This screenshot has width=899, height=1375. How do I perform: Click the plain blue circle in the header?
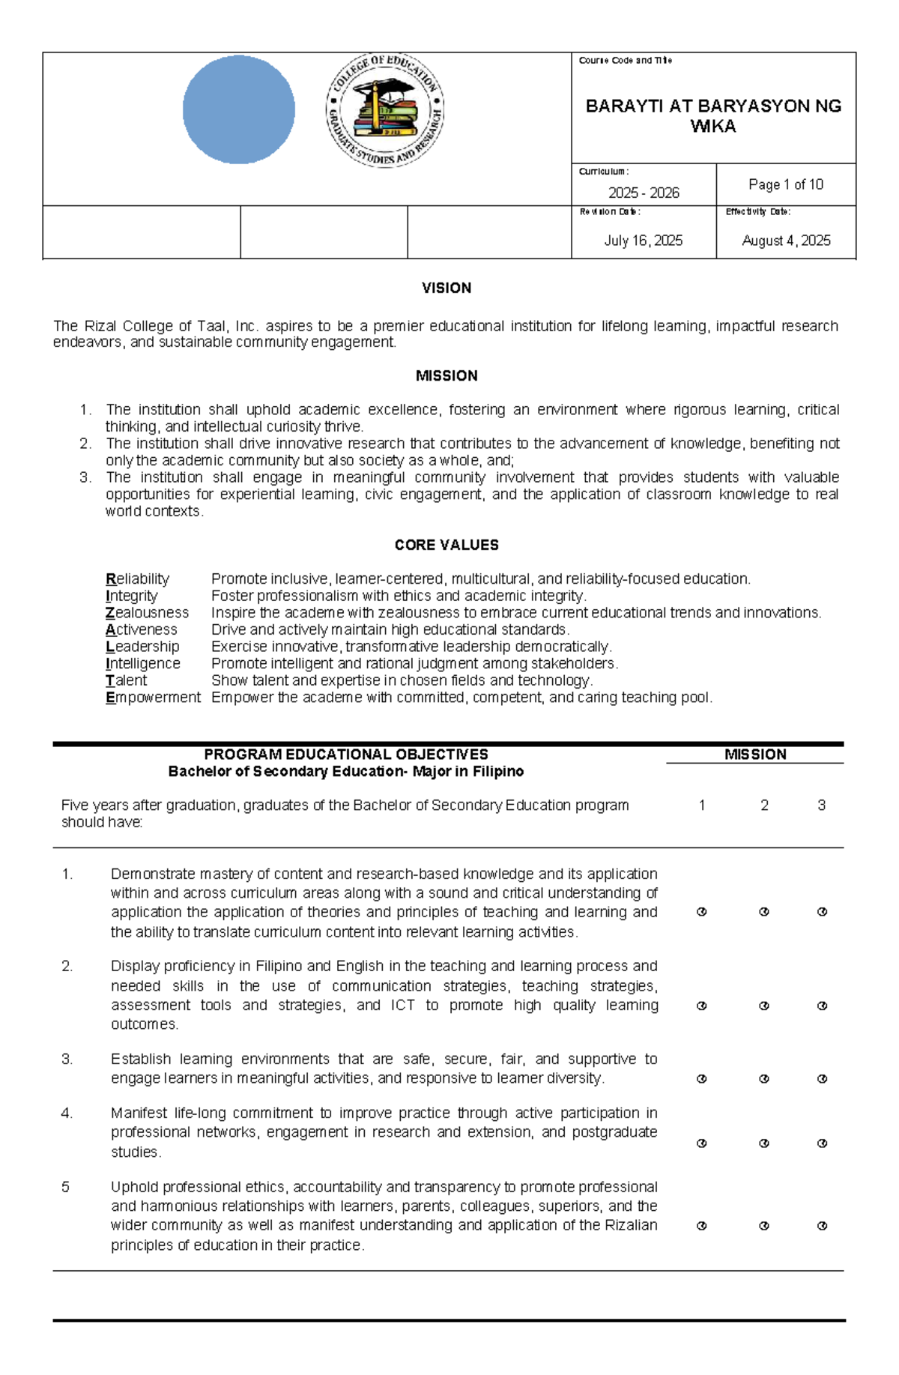pyautogui.click(x=238, y=109)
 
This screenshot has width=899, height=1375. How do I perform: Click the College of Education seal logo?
pyautogui.click(x=385, y=111)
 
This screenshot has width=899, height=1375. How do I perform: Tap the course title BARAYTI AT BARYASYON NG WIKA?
pyautogui.click(x=712, y=116)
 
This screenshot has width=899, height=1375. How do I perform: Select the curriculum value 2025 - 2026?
pyautogui.click(x=644, y=193)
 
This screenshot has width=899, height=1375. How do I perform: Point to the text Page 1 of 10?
pyautogui.click(x=785, y=184)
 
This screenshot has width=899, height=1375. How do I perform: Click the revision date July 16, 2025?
pyautogui.click(x=643, y=241)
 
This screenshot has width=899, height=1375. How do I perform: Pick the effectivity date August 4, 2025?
pyautogui.click(x=786, y=241)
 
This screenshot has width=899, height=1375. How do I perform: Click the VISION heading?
pyautogui.click(x=446, y=288)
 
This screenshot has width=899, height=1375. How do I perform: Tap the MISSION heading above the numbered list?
pyautogui.click(x=446, y=375)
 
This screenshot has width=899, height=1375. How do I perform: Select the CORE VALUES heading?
pyautogui.click(x=446, y=545)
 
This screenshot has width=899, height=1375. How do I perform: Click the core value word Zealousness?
pyautogui.click(x=147, y=612)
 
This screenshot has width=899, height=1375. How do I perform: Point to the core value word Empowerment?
pyautogui.click(x=153, y=697)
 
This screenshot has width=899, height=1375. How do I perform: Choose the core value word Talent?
pyautogui.click(x=126, y=680)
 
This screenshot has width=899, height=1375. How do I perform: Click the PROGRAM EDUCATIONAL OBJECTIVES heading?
pyautogui.click(x=345, y=755)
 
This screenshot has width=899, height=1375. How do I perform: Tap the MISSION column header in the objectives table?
pyautogui.click(x=754, y=755)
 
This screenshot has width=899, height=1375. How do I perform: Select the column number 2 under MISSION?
pyautogui.click(x=764, y=806)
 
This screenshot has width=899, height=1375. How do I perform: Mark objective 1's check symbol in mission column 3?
pyautogui.click(x=822, y=912)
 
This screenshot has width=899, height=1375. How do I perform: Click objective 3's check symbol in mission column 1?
pyautogui.click(x=701, y=1079)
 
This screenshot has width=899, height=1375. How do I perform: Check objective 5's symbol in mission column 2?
pyautogui.click(x=764, y=1226)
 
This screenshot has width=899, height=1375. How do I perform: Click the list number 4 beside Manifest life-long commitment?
pyautogui.click(x=67, y=1113)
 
